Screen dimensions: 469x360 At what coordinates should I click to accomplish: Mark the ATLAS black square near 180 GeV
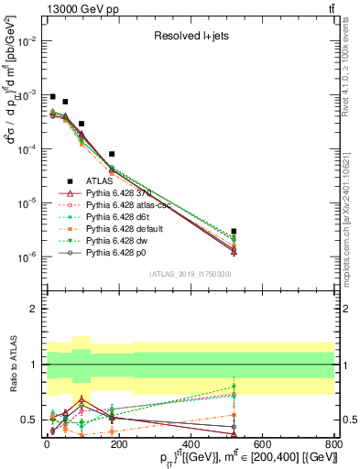click(112, 154)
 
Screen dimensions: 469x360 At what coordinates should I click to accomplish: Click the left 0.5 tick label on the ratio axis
click(29, 420)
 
